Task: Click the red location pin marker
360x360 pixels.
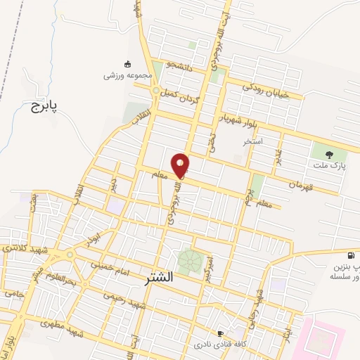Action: click(181, 166)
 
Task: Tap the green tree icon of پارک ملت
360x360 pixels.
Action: click(325, 152)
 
